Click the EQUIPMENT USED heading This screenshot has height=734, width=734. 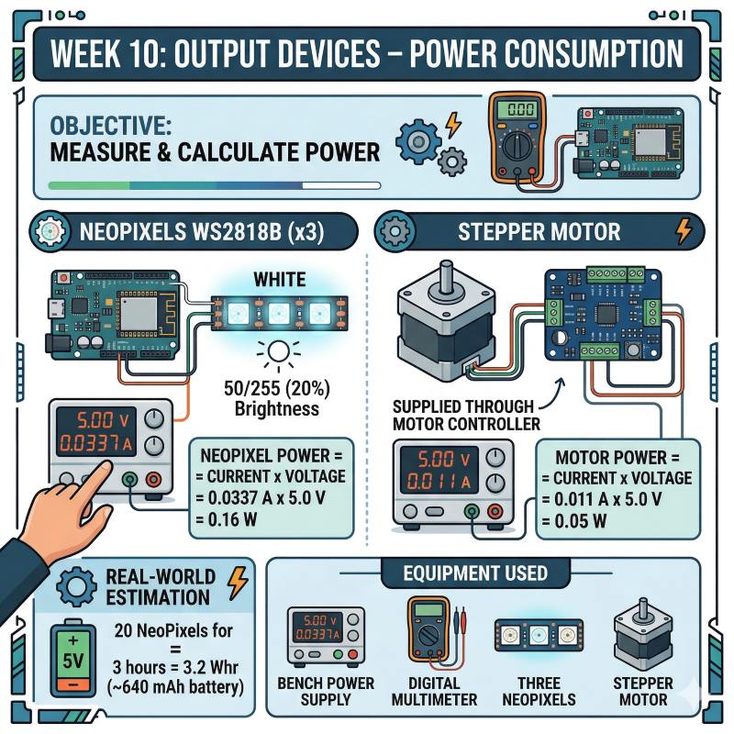click(x=476, y=574)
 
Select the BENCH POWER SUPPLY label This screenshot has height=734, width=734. click(x=326, y=691)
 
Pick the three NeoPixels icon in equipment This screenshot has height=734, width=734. click(x=538, y=632)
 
